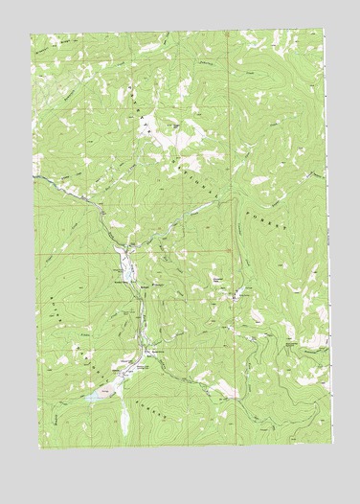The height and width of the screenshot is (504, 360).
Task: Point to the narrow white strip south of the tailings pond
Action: click(124, 415)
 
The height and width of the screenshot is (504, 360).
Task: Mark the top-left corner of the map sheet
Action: click(31, 36)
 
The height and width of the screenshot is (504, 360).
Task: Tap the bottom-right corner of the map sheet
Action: click(334, 446)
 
